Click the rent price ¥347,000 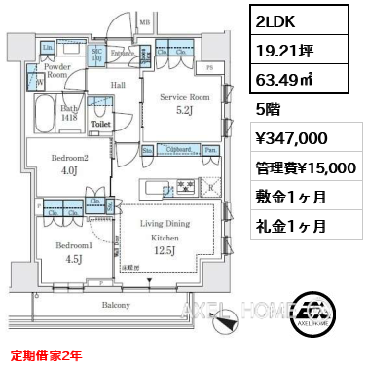298,139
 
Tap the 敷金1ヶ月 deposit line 292,197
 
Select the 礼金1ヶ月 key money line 292,226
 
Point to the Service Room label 184,97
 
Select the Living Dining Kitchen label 164,231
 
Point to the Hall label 117,85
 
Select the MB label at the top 145,20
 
